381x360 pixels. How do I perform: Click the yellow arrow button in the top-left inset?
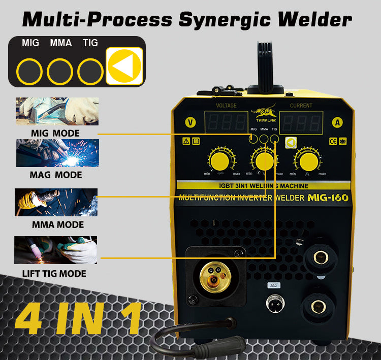click(124, 66)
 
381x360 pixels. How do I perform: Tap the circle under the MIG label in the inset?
click(29, 72)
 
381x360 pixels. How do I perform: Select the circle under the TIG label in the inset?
click(90, 72)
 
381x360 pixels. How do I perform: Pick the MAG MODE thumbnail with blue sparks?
click(57, 153)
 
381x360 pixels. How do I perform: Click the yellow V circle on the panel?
click(190, 122)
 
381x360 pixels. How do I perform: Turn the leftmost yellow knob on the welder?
click(219, 161)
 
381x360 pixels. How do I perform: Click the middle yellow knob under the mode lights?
click(264, 161)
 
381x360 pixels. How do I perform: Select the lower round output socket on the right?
click(320, 306)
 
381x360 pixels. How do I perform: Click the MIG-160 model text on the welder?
click(328, 198)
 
